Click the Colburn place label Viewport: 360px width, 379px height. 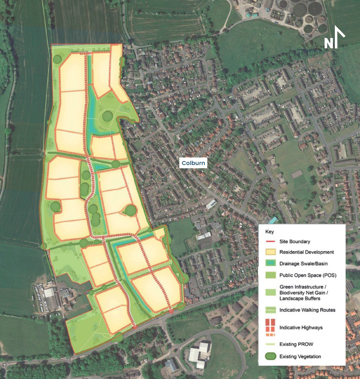coord(193,163)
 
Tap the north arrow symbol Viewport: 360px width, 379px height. coord(334,37)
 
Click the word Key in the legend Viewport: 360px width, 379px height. coord(269,232)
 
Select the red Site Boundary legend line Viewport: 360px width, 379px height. coord(271,242)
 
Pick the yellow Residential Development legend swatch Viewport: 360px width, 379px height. coord(271,252)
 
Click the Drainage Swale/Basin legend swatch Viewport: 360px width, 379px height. coord(271,264)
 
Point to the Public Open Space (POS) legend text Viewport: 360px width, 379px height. coord(308,275)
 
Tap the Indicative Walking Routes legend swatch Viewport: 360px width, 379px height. coord(271,310)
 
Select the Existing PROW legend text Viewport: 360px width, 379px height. coord(296,344)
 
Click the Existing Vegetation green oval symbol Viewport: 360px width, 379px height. coord(271,356)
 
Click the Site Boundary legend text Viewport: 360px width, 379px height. coord(295,242)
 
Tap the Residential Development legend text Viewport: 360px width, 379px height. coord(306,252)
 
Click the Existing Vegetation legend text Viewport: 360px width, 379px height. coord(300,357)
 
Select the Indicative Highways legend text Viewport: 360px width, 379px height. coord(301,328)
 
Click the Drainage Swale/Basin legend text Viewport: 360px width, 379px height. coord(303,264)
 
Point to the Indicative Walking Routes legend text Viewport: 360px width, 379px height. coord(307,310)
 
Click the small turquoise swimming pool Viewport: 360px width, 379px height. coord(273,220)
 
